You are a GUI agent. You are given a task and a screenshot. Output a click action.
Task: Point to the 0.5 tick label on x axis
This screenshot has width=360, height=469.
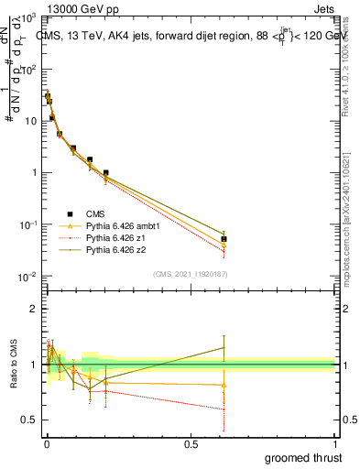(x=191, y=443)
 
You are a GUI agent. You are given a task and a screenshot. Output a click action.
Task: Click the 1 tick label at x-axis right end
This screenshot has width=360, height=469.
(x=335, y=443)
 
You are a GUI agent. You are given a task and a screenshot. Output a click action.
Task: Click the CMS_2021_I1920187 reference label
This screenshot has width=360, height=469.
(x=190, y=274)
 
